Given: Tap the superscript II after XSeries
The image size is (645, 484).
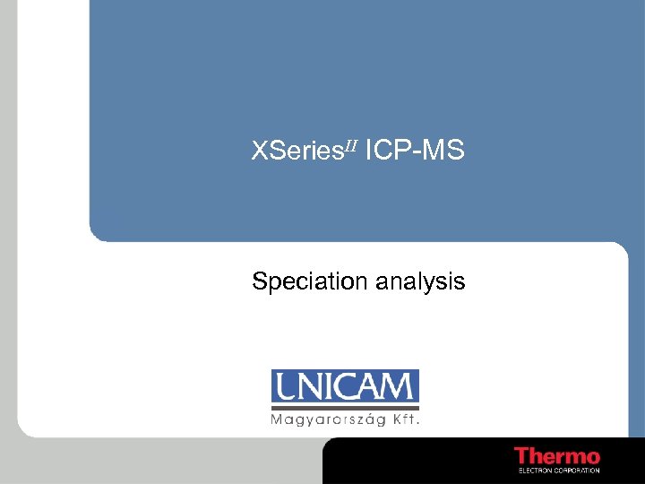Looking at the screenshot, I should (x=350, y=146).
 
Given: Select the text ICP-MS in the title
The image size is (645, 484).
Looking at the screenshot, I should (x=415, y=151).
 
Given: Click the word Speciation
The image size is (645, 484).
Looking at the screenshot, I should (x=310, y=282).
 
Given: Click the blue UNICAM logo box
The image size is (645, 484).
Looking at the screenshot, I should (x=345, y=387).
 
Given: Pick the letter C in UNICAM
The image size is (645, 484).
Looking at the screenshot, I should (x=345, y=387).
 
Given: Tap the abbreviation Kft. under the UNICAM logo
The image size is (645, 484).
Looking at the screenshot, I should (x=407, y=419).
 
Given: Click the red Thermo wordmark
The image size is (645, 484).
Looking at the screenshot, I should (x=556, y=456).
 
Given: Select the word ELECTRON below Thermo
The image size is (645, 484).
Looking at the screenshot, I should (x=536, y=470).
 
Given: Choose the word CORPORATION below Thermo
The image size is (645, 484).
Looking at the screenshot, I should (x=578, y=470).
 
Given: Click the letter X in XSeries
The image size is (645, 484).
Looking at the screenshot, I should (x=260, y=151).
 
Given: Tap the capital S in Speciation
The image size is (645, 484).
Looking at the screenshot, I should (x=260, y=282).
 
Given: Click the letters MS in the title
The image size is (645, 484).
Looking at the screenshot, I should (x=444, y=151).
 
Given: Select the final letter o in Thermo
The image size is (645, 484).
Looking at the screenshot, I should (x=592, y=458).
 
